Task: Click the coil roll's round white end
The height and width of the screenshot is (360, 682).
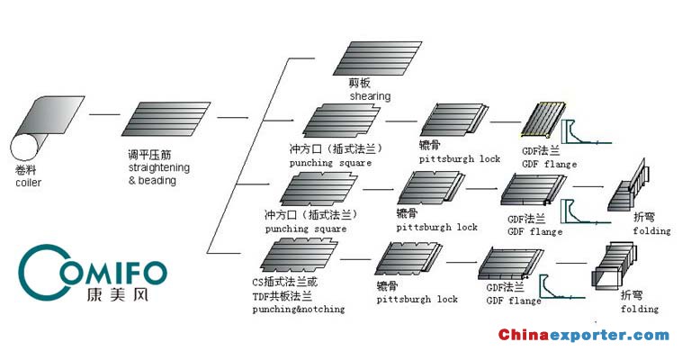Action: pyautogui.click(x=24, y=147)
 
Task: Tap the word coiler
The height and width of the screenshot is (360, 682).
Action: pyautogui.click(x=28, y=183)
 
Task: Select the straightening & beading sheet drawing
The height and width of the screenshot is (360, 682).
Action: pyautogui.click(x=166, y=119)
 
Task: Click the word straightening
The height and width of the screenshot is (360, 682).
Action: pyautogui.click(x=159, y=167)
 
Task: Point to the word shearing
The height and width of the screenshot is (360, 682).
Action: pyautogui.click(x=370, y=96)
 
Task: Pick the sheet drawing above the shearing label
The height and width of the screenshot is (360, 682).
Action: pyautogui.click(x=377, y=58)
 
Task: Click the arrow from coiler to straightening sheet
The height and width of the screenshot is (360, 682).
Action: pyautogui.click(x=104, y=114)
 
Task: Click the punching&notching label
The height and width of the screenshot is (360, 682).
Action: pyautogui.click(x=299, y=309)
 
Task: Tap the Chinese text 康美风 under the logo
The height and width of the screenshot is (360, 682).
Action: pyautogui.click(x=118, y=294)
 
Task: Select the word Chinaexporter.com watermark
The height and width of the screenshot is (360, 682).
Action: pyautogui.click(x=584, y=335)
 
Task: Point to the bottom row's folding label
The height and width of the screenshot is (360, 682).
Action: pyautogui.click(x=640, y=309)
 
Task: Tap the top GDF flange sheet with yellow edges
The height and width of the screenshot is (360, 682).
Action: pyautogui.click(x=543, y=119)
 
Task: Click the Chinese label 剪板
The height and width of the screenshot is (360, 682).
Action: pyautogui.click(x=359, y=83)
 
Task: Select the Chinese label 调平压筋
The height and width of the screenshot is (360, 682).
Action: pyautogui.click(x=149, y=155)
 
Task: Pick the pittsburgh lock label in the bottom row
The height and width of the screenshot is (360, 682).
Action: pyautogui.click(x=417, y=299)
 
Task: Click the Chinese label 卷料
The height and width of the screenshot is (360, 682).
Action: pyautogui.click(x=26, y=170)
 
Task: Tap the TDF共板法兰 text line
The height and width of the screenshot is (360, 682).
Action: pyautogui.click(x=283, y=296)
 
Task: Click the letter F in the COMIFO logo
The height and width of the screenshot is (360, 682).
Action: pyautogui.click(x=133, y=273)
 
